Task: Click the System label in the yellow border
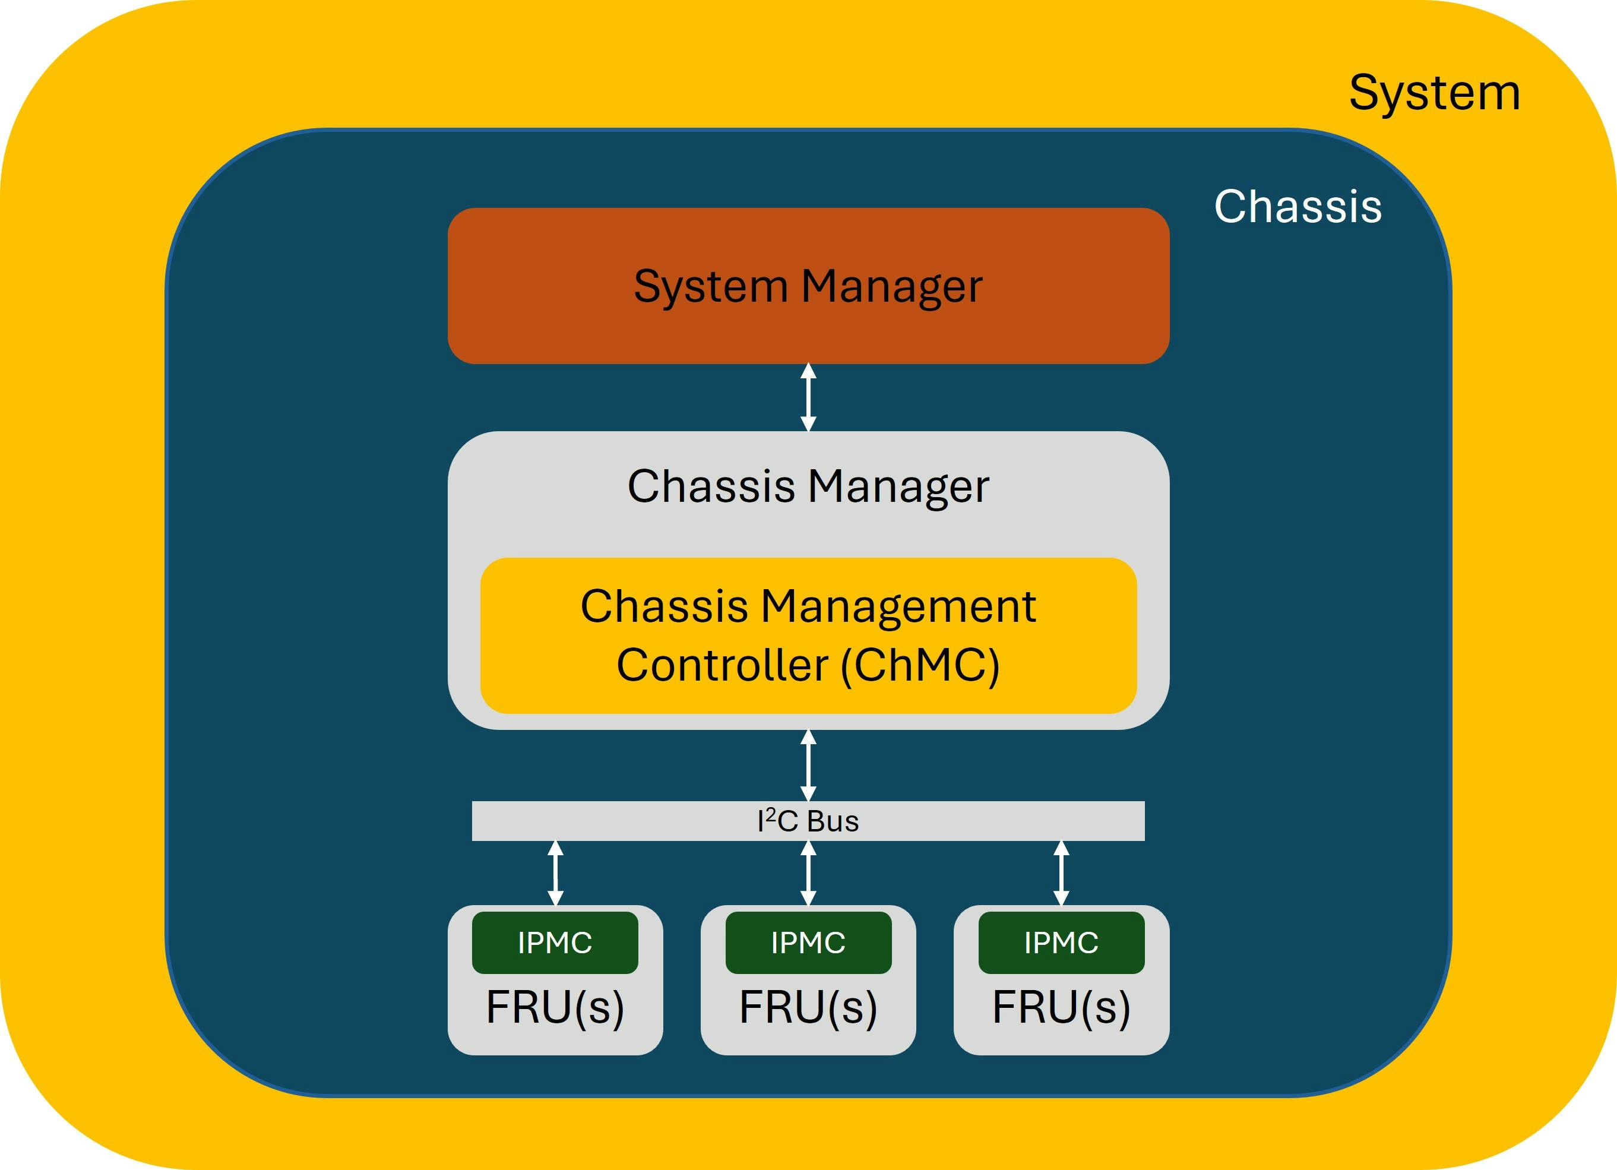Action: (x=1435, y=93)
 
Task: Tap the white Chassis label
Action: (x=1298, y=207)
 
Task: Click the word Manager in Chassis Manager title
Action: (x=898, y=487)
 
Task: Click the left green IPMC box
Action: (x=555, y=943)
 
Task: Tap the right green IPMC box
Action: (x=1061, y=943)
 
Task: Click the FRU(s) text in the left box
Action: (x=555, y=1007)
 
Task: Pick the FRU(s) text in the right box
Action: (x=1061, y=1007)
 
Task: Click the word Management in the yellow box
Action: (x=898, y=608)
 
